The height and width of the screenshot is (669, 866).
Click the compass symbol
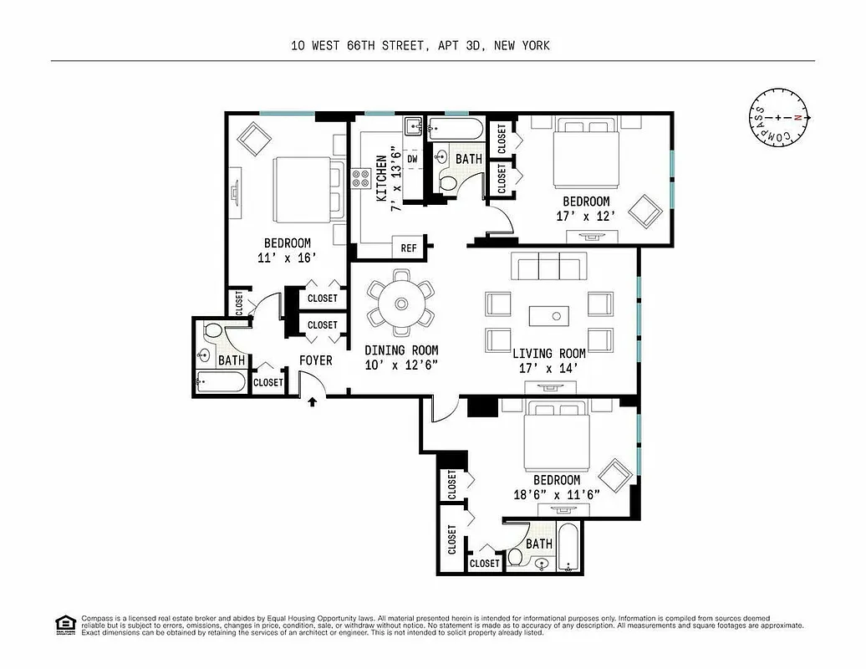pos(778,118)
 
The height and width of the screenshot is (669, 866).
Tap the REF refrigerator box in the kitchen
pos(409,248)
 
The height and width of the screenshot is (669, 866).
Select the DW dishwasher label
pos(412,158)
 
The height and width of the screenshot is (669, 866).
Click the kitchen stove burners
pos(361,178)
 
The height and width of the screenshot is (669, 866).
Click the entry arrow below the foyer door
pos(313,402)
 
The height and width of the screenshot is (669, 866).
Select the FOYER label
pos(316,360)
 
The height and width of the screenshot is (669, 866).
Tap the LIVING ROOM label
pos(548,353)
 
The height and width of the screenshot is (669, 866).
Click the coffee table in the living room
pos(548,315)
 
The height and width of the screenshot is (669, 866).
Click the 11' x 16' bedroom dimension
pos(287,258)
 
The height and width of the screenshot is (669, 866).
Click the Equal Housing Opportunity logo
pos(64,624)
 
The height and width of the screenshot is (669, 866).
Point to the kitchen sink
pos(412,126)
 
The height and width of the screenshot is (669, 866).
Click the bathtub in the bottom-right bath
pos(572,548)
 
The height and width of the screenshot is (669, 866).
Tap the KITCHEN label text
pos(381,177)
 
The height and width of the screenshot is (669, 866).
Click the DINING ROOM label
pos(401,350)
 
